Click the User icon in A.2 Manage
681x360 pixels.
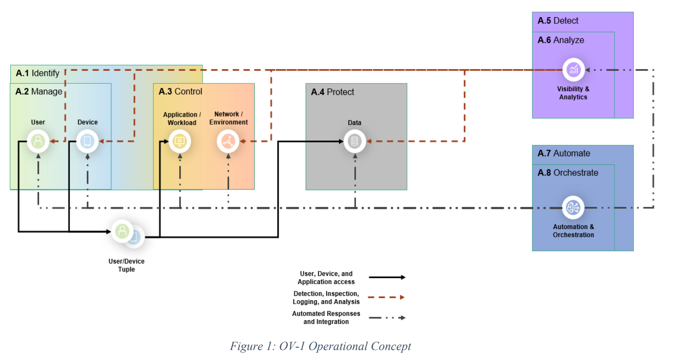coord(38,141)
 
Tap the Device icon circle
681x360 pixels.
coord(87,141)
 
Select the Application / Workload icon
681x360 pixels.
coord(180,141)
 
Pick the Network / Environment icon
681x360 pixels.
coord(228,141)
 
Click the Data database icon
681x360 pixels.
coord(355,141)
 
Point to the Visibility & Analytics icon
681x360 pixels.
coord(573,70)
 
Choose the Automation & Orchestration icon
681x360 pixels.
coord(573,208)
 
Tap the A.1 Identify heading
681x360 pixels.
coord(38,73)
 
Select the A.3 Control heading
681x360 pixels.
coord(180,91)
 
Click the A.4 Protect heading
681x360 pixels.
coord(332,92)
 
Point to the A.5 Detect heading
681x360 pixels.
coord(558,21)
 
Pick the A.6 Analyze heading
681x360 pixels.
coord(561,40)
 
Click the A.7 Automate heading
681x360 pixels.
coord(564,153)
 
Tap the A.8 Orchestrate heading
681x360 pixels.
coord(568,173)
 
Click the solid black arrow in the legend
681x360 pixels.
coord(387,277)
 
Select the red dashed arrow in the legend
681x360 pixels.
coord(386,297)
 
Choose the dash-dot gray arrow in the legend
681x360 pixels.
coord(387,318)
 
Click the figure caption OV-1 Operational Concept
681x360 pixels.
coord(321,346)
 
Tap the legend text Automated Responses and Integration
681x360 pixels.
coord(326,318)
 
